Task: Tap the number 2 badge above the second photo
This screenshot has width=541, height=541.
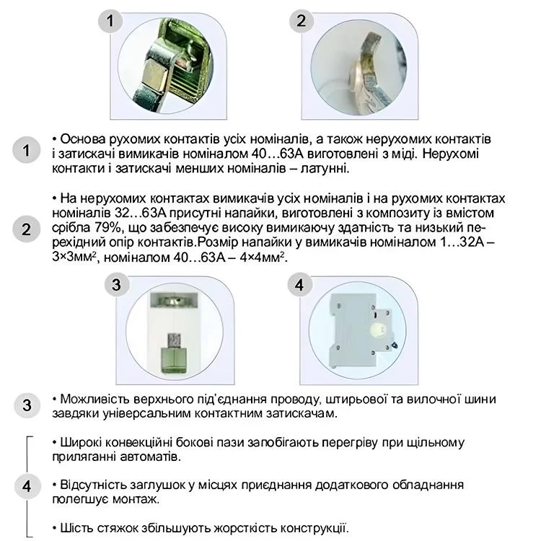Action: tap(301, 21)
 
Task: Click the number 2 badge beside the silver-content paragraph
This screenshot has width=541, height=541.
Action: tap(26, 229)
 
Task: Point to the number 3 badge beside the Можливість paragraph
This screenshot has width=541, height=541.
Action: tap(26, 405)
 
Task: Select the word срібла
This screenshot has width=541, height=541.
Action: tap(71, 227)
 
